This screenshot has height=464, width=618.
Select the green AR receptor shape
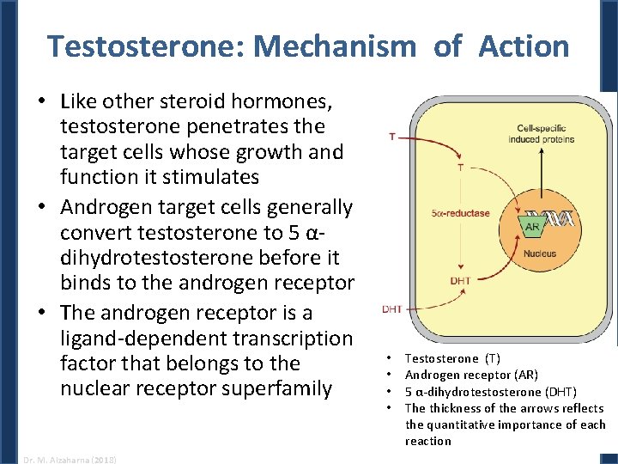pos(532,227)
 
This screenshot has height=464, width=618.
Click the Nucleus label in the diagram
pos(539,254)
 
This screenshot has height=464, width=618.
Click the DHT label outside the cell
pos(392,309)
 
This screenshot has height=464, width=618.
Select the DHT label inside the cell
pos(459,281)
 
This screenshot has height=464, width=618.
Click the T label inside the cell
pos(460,168)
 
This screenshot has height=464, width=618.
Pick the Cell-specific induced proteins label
pos(536,134)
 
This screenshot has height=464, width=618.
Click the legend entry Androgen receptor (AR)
pos(471,375)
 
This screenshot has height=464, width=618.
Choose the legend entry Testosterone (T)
pos(451,358)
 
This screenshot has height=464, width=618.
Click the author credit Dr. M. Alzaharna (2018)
pos(66,459)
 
